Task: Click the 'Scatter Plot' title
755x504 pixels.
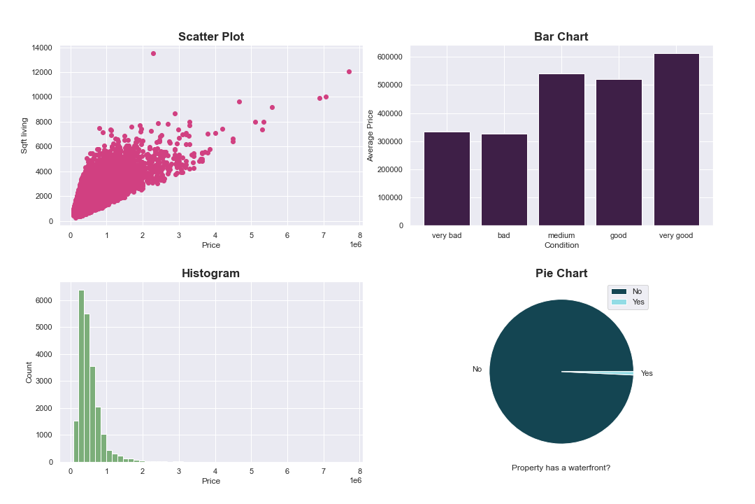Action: (x=211, y=37)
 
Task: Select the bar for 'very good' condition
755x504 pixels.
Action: (x=676, y=140)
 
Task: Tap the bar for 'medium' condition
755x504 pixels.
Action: (x=561, y=150)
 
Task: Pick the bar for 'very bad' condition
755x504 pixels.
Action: (x=447, y=179)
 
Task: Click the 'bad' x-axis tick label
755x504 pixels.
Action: (x=503, y=236)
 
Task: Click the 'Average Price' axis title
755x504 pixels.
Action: (x=371, y=135)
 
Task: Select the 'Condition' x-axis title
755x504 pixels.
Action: (x=561, y=246)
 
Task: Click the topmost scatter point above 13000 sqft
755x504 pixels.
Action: (x=153, y=54)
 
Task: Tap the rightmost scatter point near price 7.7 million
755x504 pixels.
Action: (x=349, y=71)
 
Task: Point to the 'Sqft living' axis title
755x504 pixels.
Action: (x=24, y=135)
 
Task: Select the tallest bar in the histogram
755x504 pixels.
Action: (x=81, y=376)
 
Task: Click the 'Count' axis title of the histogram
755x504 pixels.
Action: (x=29, y=372)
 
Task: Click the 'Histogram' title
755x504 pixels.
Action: (x=210, y=274)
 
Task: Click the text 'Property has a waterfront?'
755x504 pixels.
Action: (x=561, y=468)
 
